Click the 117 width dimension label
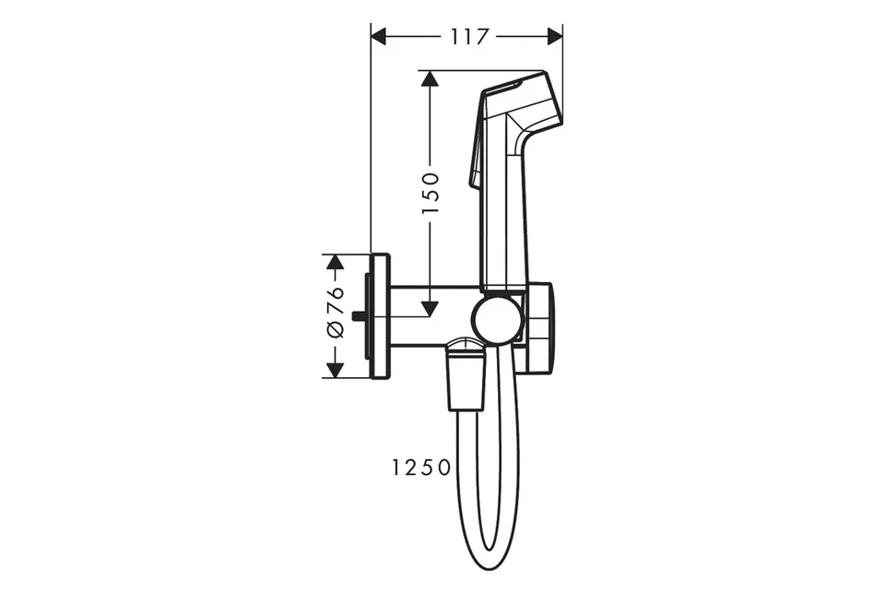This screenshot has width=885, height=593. pyautogui.click(x=469, y=37)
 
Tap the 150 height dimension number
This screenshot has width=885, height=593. pyautogui.click(x=431, y=193)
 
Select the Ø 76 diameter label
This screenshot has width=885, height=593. pyautogui.click(x=336, y=313)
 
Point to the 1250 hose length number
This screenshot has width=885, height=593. pyautogui.click(x=421, y=468)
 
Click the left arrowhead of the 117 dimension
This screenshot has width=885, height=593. pyautogui.click(x=379, y=37)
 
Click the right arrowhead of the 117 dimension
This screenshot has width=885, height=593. pyautogui.click(x=555, y=37)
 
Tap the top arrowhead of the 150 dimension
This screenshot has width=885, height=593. pyautogui.click(x=431, y=78)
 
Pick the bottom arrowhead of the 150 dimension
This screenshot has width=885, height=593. pyautogui.click(x=431, y=308)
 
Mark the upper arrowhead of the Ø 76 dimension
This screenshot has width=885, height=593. pyautogui.click(x=336, y=262)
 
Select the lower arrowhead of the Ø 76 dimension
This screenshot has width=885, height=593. pyautogui.click(x=336, y=370)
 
